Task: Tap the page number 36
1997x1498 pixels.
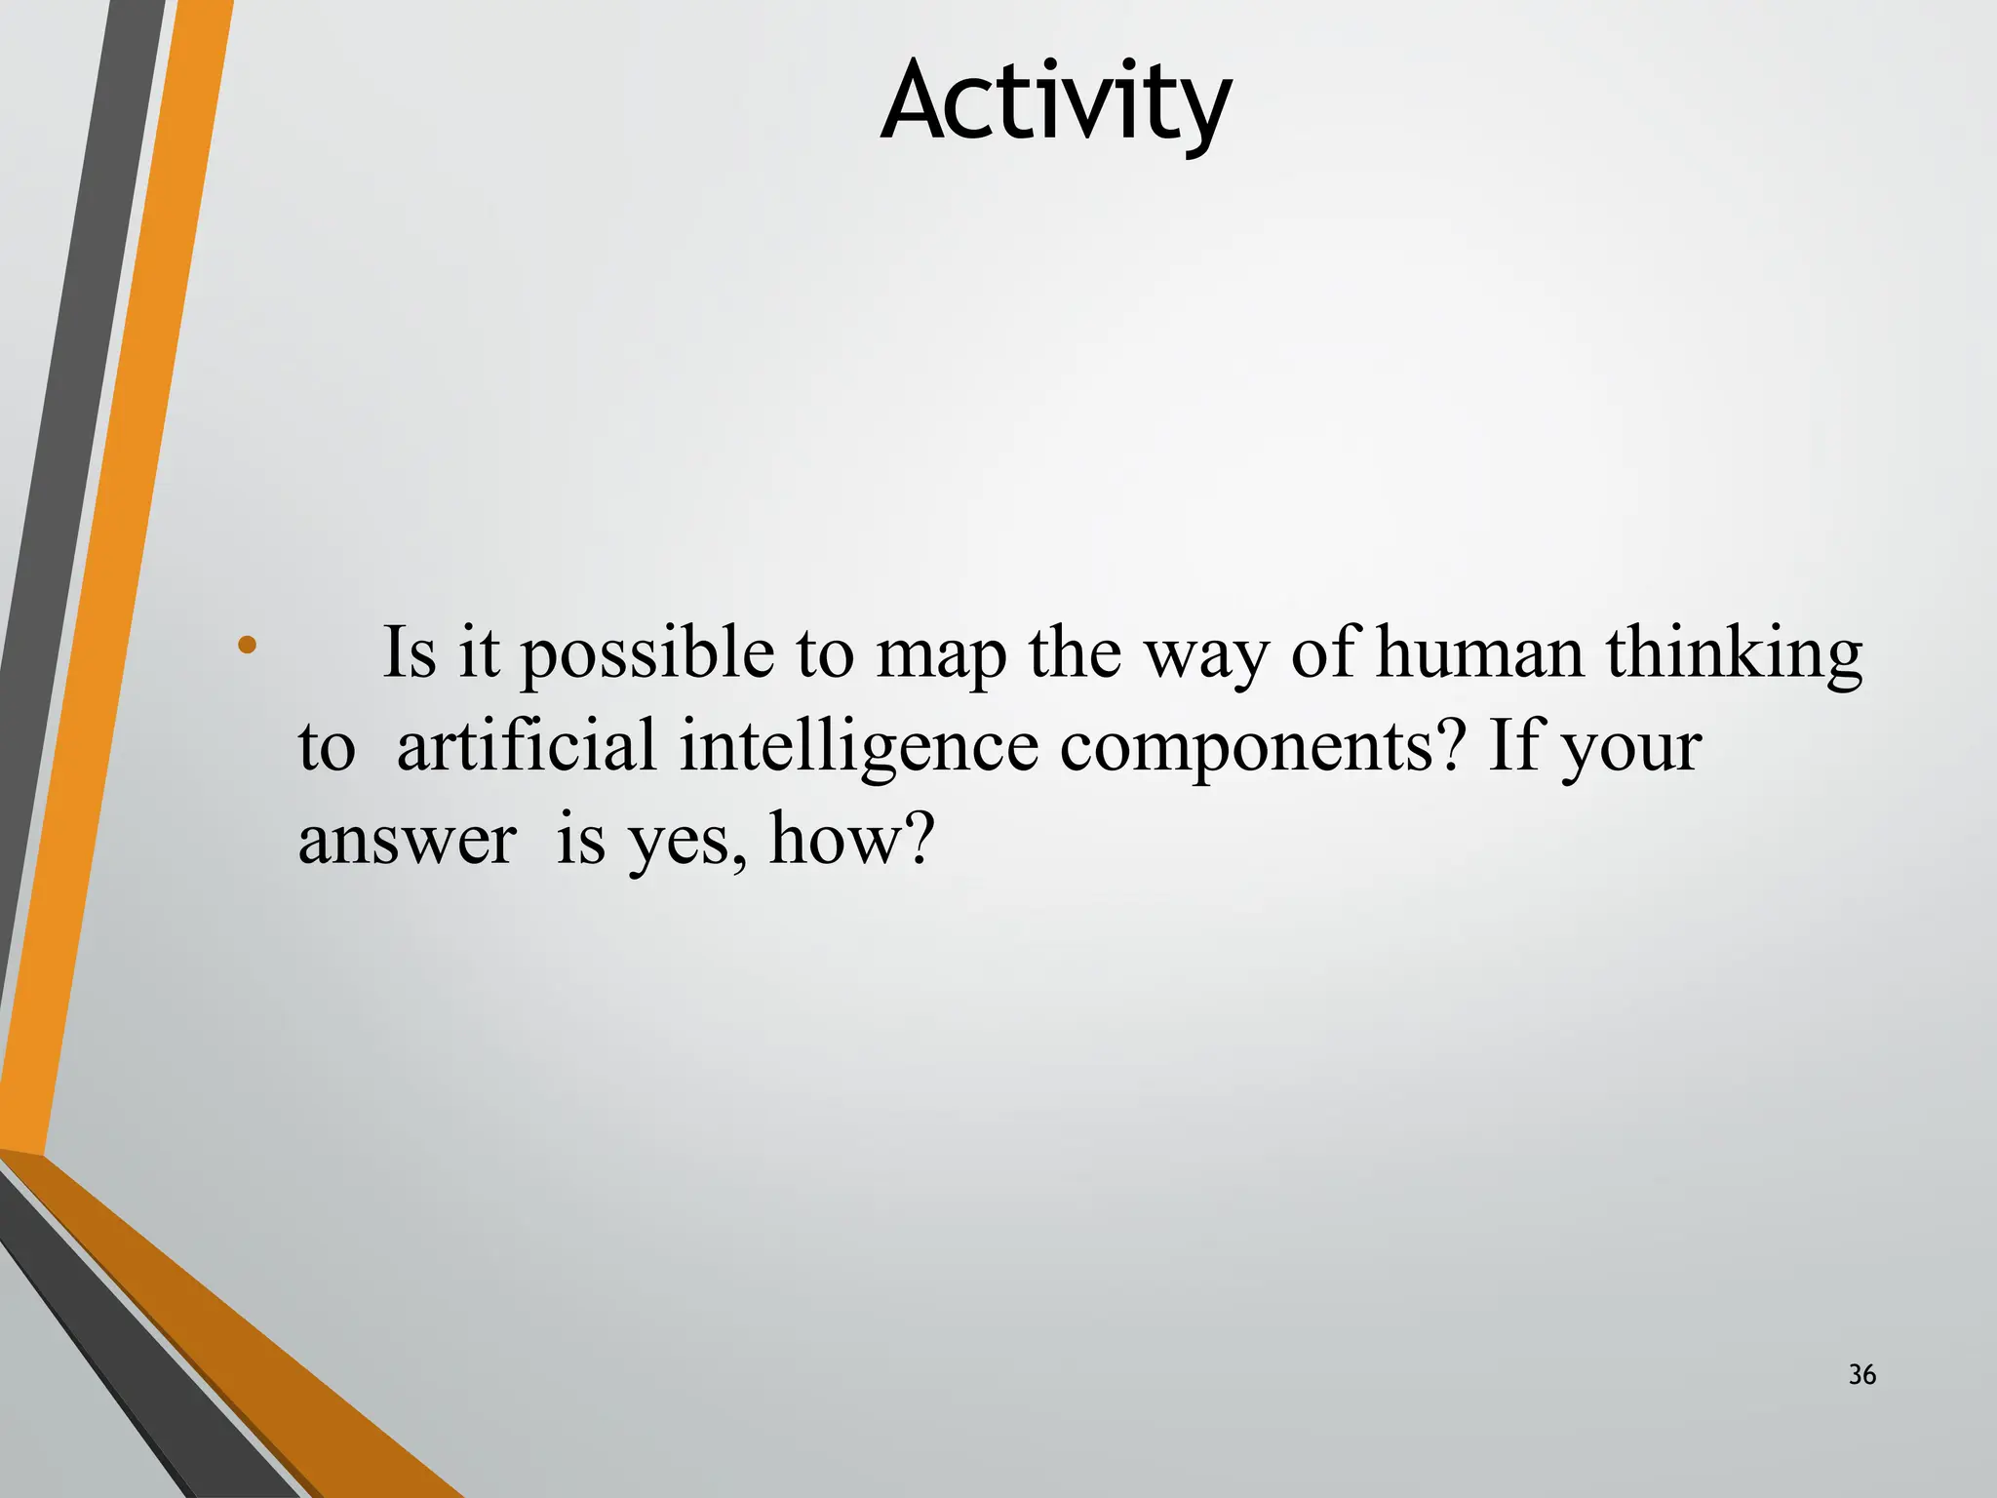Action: coord(1861,1375)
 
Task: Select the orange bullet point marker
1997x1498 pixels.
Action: coord(247,645)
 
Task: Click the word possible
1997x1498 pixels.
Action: coord(646,653)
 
